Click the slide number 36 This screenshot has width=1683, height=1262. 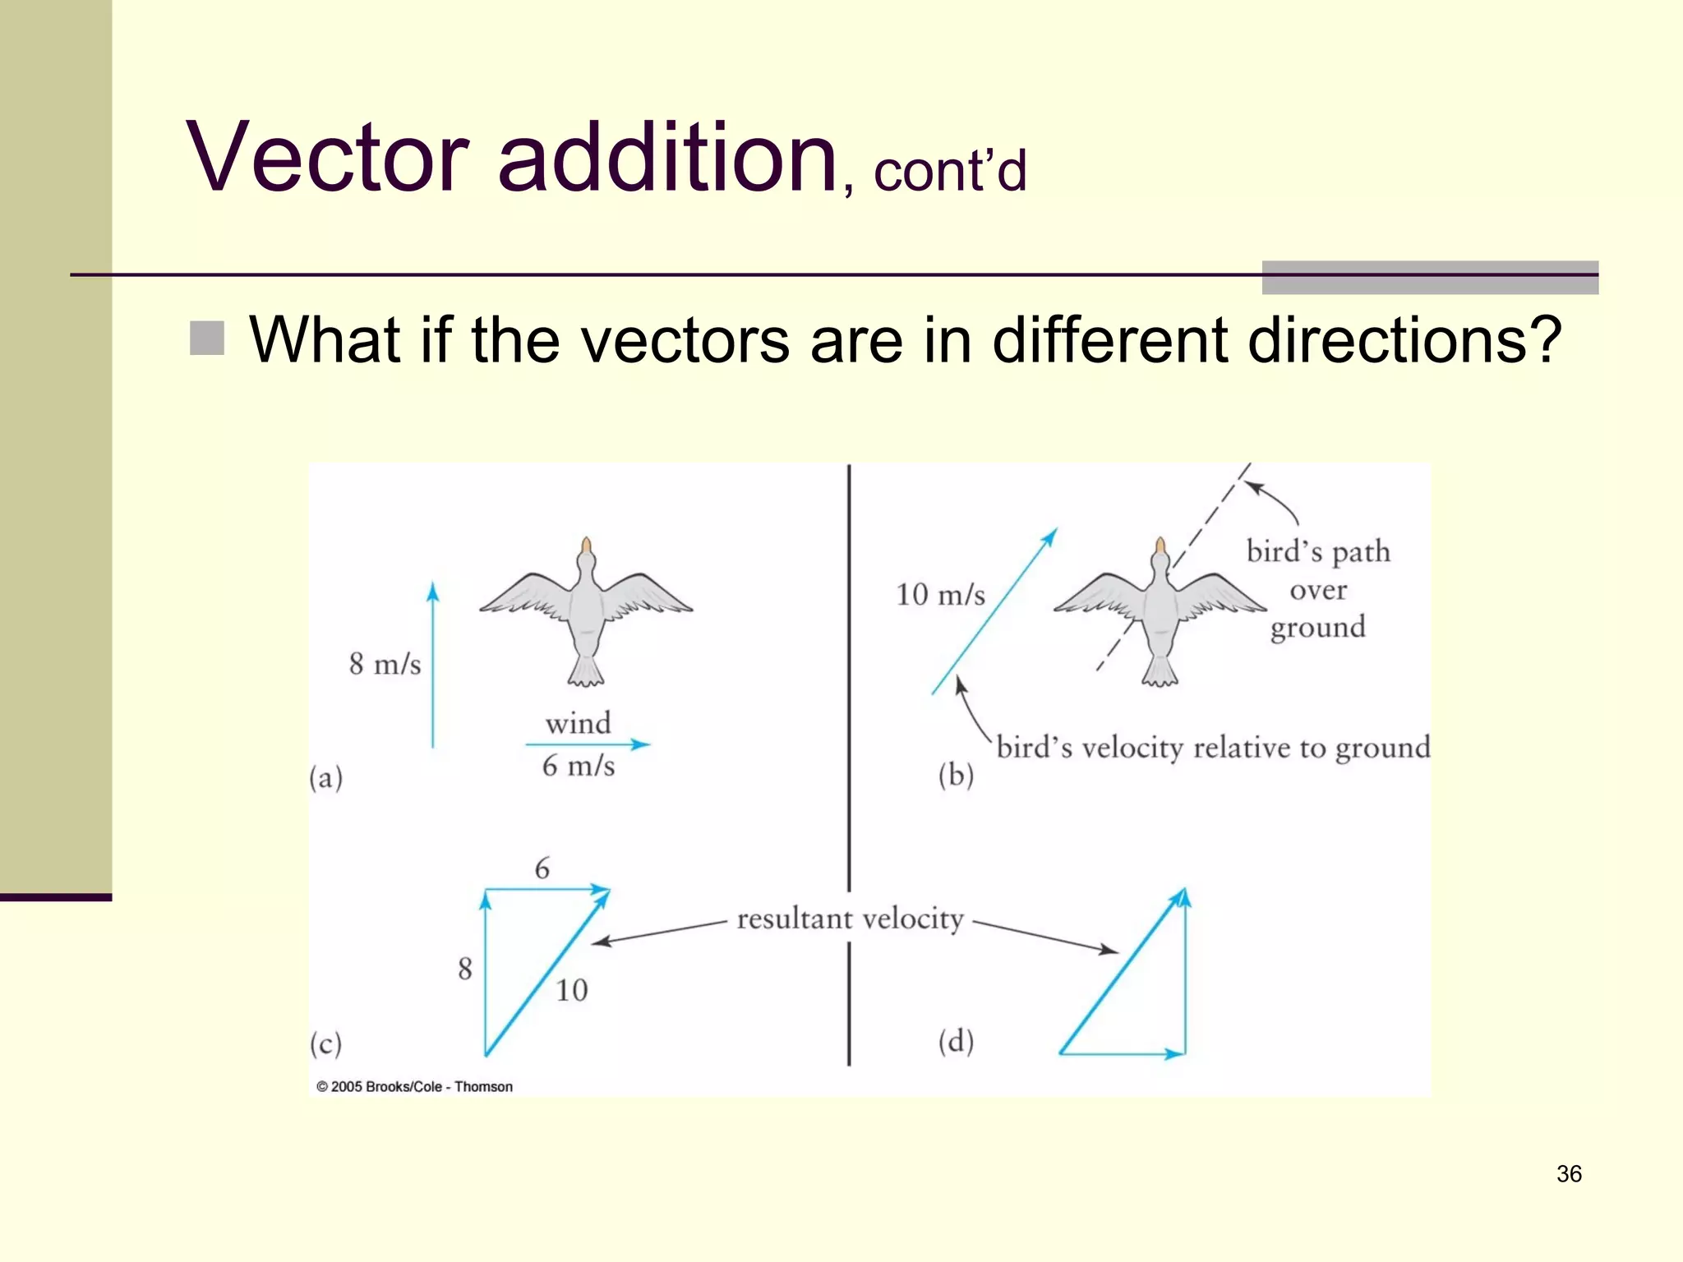[x=1568, y=1174]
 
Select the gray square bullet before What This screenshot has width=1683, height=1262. [x=207, y=339]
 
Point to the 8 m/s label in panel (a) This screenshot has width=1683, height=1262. [x=385, y=664]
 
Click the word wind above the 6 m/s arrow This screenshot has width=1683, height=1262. [x=579, y=724]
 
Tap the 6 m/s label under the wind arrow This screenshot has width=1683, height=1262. [x=579, y=767]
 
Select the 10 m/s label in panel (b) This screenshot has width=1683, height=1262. [x=940, y=595]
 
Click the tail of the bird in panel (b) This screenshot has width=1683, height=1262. [x=1160, y=672]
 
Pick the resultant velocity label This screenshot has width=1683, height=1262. [x=850, y=919]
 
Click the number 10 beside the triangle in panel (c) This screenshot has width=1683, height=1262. [x=572, y=991]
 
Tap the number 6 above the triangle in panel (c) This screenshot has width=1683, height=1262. [x=542, y=868]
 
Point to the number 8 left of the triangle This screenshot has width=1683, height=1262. [x=465, y=969]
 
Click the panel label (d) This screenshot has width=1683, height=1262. [x=956, y=1042]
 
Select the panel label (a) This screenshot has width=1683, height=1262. [x=326, y=777]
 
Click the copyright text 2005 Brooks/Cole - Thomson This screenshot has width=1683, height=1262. [x=415, y=1086]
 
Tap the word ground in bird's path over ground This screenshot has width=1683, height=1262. [x=1317, y=628]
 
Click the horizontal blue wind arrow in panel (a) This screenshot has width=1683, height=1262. [x=587, y=744]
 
